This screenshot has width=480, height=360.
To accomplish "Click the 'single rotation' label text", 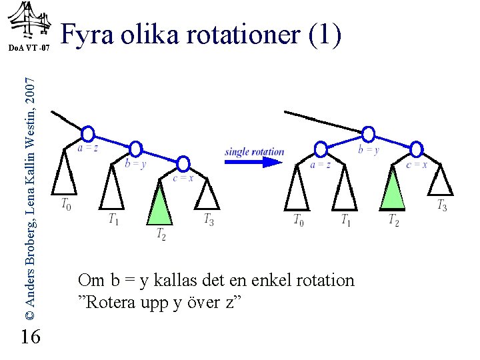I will [255, 151].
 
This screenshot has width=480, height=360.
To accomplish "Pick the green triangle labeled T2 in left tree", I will [159, 205].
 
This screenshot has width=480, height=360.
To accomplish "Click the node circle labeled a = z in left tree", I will [88, 133].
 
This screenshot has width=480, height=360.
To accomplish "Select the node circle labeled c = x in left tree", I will [183, 163].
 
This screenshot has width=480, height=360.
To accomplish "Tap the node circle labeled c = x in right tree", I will [416, 148].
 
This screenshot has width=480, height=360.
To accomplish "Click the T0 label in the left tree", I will [67, 204].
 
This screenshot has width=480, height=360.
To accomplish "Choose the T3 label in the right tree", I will [442, 206].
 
